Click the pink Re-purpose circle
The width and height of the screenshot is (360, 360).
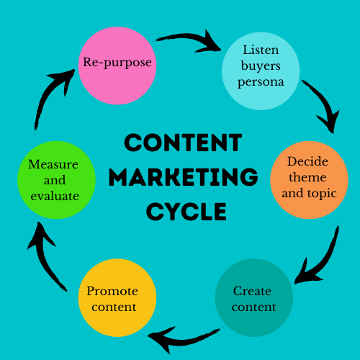(x=117, y=66)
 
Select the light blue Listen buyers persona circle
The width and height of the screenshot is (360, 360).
(x=261, y=71)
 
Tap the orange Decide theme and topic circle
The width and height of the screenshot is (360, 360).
(x=310, y=180)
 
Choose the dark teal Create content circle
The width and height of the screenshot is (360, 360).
(x=254, y=297)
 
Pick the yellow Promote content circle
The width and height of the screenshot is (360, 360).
(x=117, y=297)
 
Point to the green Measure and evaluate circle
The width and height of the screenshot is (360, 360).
(x=57, y=180)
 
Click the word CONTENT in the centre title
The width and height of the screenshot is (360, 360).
(x=183, y=143)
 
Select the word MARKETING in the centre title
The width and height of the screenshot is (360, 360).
(x=184, y=177)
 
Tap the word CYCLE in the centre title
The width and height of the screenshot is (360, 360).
(x=186, y=212)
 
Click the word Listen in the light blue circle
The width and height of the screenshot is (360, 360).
(x=261, y=50)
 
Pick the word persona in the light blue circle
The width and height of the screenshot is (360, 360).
(x=261, y=83)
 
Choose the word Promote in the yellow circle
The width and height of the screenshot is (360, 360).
(x=112, y=291)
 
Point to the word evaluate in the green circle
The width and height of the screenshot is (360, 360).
(x=55, y=196)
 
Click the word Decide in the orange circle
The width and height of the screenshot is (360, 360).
(x=307, y=161)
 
